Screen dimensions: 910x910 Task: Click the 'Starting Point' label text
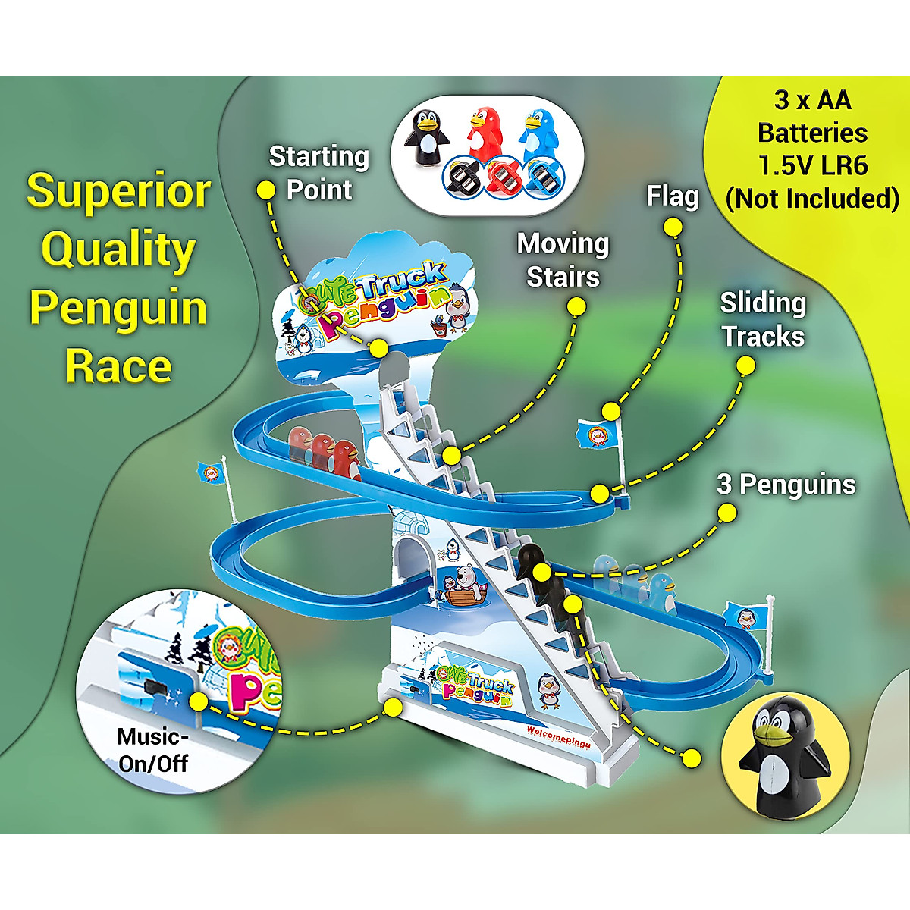tap(318, 173)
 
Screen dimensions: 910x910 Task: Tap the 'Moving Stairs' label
tap(563, 260)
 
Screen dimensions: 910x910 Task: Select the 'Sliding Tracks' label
tap(763, 319)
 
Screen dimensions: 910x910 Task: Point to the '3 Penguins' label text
tap(786, 485)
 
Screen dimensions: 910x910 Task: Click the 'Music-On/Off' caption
tap(153, 749)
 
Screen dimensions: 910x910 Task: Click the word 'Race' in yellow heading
tap(118, 366)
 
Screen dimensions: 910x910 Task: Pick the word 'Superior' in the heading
tap(118, 191)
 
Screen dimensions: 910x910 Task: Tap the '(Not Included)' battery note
tap(812, 198)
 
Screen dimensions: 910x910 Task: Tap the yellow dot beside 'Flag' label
tap(672, 226)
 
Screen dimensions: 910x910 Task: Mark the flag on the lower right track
tap(747, 615)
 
